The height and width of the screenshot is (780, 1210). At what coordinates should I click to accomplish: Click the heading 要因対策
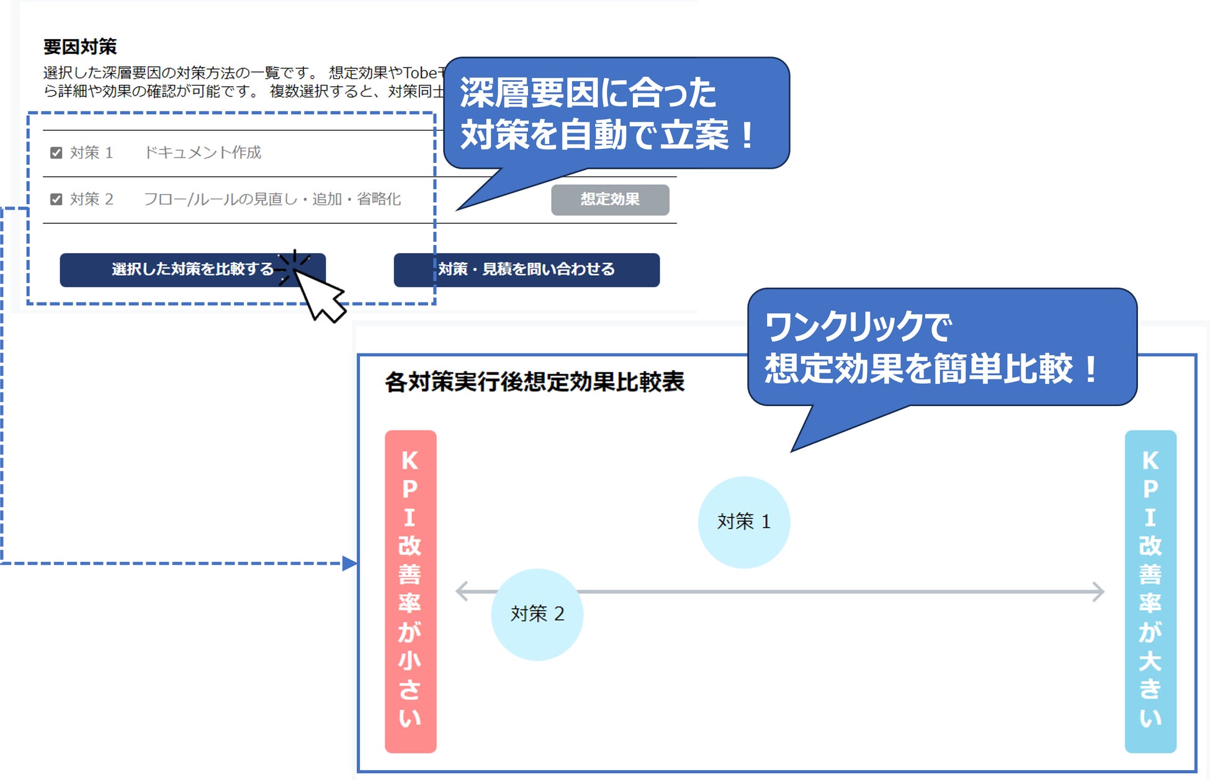(x=80, y=47)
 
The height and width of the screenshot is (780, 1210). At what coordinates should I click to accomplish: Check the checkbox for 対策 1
(x=56, y=153)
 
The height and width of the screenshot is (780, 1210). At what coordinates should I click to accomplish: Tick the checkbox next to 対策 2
(x=56, y=199)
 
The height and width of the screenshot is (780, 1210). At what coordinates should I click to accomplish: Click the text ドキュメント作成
(x=203, y=153)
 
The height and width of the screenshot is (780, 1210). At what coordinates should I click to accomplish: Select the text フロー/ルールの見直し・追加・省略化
(x=272, y=199)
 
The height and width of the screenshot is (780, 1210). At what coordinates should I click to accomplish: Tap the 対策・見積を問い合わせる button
(x=526, y=270)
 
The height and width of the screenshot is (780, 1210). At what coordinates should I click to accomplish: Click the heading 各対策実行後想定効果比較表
(x=534, y=382)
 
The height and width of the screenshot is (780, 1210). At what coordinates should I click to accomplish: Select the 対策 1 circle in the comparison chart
(x=743, y=522)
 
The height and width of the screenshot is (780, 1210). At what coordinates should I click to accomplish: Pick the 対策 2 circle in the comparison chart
(x=537, y=614)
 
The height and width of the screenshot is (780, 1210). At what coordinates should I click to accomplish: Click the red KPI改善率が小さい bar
(x=410, y=591)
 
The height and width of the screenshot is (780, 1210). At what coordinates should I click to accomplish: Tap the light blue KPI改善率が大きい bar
(x=1150, y=591)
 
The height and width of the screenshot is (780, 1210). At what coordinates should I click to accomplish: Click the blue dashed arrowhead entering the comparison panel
(x=350, y=563)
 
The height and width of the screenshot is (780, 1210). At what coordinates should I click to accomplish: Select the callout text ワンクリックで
(x=858, y=327)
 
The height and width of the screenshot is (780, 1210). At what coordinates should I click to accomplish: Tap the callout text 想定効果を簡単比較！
(x=931, y=369)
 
